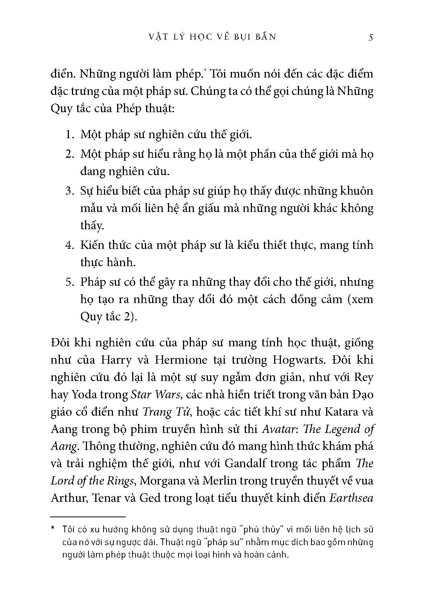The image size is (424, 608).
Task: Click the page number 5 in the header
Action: point(371,37)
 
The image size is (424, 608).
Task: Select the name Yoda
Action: point(85,395)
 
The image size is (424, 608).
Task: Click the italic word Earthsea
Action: point(351,498)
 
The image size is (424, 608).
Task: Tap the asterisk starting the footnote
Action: point(53,529)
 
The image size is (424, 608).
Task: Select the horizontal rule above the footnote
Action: point(88,517)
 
